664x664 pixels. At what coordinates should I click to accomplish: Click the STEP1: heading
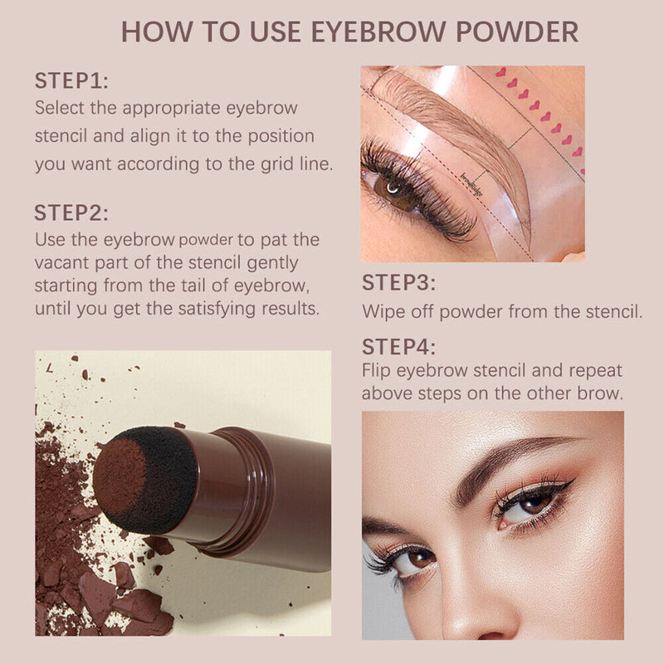coord(71,81)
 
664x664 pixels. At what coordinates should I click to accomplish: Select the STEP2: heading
coord(71,212)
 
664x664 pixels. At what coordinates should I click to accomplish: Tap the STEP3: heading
coord(398,282)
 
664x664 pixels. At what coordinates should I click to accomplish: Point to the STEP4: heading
coord(398,346)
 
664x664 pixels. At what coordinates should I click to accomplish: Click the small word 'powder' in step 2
coord(205,241)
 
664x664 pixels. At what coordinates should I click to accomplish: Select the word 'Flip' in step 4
coord(376,370)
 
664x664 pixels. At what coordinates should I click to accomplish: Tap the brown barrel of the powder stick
coord(249,498)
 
